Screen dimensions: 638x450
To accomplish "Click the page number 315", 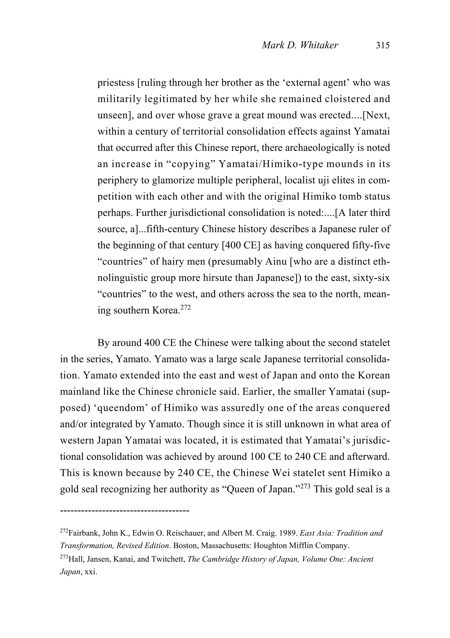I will pyautogui.click(x=383, y=45).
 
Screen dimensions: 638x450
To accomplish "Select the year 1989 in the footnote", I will pyautogui.click(x=289, y=533).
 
